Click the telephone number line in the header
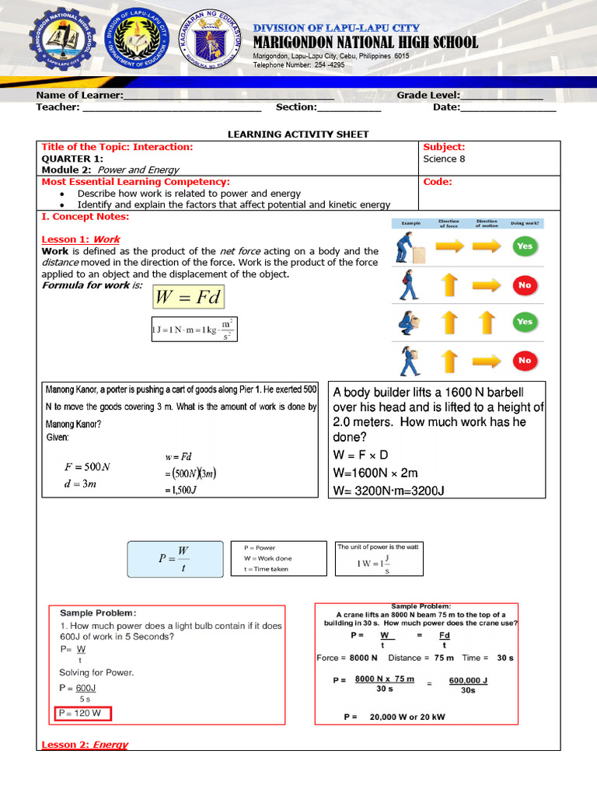pos(298,65)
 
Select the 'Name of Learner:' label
pos(79,95)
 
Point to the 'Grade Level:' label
pos(428,95)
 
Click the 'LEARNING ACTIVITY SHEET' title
pos(298,134)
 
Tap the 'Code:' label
pos(437,182)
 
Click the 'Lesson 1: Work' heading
pos(80,239)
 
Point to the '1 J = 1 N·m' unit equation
pos(194,330)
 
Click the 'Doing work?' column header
pos(525,224)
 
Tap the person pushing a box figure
pos(407,247)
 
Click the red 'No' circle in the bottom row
pos(525,360)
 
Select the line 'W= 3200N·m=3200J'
pos(388,490)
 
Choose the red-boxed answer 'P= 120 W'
pos(83,714)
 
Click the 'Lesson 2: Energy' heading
pos(84,745)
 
